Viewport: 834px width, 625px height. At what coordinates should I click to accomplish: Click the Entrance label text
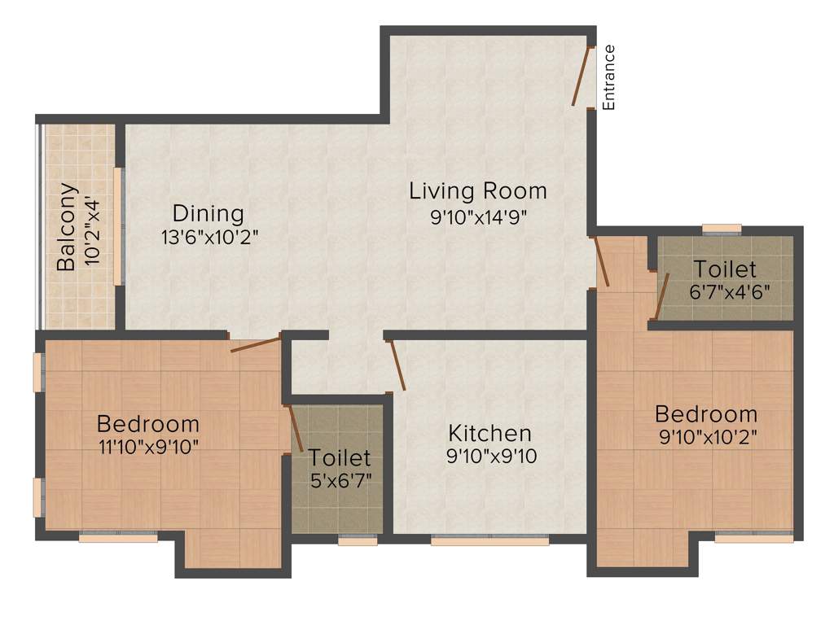click(608, 77)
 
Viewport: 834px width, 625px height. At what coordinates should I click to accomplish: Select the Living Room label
click(477, 191)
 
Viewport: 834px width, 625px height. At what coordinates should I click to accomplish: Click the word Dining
click(208, 213)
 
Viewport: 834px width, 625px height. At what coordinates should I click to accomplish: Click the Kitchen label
click(490, 433)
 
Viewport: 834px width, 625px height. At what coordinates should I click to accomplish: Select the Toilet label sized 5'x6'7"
click(339, 458)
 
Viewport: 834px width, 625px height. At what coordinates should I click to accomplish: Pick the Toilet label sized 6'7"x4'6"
click(724, 269)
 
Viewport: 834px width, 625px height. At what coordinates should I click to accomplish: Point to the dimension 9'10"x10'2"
click(708, 436)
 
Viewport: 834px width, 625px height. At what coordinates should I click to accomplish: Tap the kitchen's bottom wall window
click(489, 540)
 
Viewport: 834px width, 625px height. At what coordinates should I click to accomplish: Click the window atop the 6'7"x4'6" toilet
click(722, 229)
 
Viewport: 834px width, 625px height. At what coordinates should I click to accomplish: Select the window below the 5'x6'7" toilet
click(352, 540)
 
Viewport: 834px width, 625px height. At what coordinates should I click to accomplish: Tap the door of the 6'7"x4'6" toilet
click(663, 295)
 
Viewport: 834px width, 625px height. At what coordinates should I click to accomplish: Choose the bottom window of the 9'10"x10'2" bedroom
click(753, 538)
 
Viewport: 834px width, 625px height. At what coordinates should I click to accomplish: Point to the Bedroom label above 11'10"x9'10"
click(147, 424)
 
